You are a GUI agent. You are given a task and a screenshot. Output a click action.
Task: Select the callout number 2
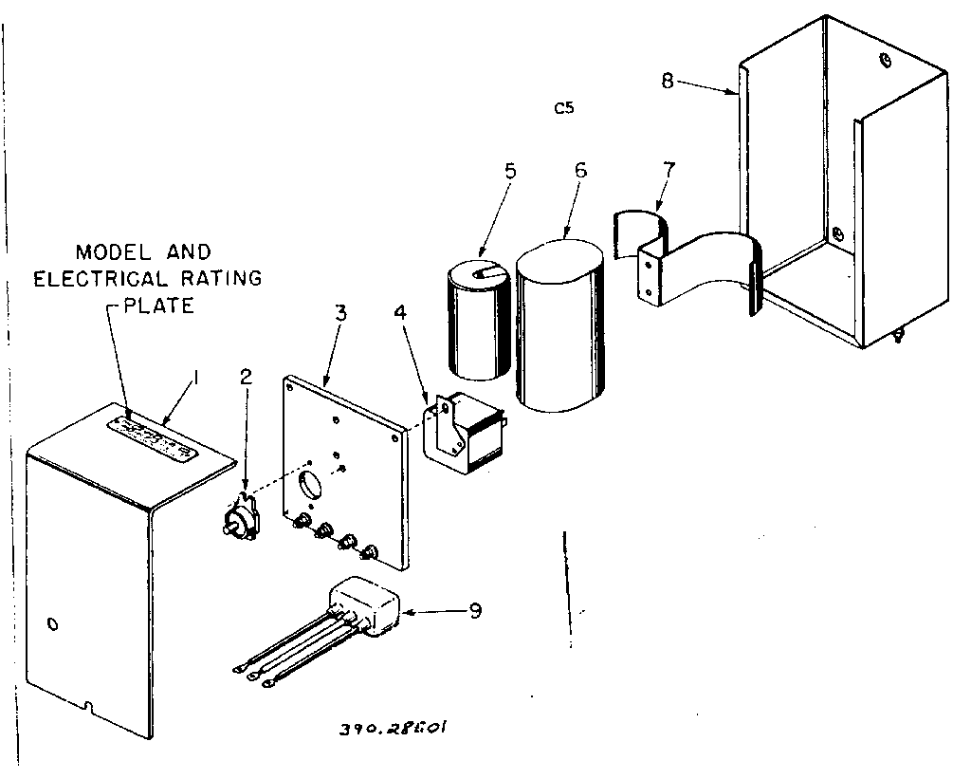point(246,376)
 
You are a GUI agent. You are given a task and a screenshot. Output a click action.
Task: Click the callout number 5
point(510,172)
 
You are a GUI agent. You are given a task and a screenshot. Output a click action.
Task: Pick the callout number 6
point(580,170)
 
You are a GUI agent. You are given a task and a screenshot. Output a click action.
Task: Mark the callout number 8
point(668,81)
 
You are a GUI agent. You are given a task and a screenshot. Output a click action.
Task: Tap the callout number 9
point(474,610)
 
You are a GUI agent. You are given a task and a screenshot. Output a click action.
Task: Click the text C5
point(564,107)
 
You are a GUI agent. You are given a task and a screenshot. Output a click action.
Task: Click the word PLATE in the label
point(158,306)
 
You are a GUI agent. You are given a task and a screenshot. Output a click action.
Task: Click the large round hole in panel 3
point(311,485)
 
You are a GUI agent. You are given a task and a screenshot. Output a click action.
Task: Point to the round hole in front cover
point(52,623)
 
